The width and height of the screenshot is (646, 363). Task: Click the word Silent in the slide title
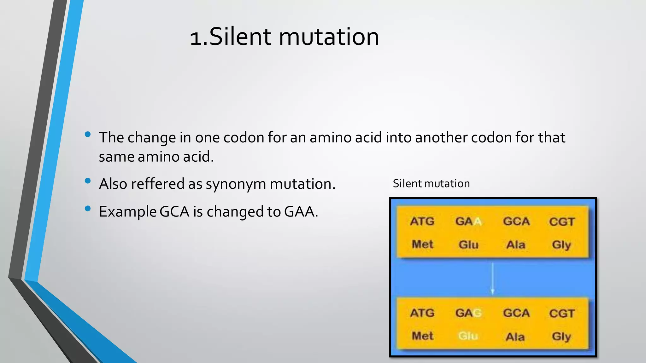click(x=240, y=37)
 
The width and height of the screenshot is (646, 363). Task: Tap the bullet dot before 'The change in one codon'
click(x=88, y=135)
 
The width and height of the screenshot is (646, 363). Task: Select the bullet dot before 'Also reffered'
click(x=88, y=181)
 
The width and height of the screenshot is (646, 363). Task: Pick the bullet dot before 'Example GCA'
click(x=88, y=208)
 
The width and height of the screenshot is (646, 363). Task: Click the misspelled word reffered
click(x=157, y=184)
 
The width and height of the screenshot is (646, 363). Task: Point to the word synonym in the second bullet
click(x=236, y=184)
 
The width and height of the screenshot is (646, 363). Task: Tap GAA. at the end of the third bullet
click(x=301, y=211)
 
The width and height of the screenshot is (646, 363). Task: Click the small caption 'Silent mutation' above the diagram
click(x=431, y=183)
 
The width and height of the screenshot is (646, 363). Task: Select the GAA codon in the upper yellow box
click(x=468, y=222)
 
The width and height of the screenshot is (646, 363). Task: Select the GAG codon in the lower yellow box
click(x=468, y=313)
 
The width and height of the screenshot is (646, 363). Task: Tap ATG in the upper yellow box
click(x=422, y=222)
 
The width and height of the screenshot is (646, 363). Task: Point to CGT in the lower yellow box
click(x=562, y=313)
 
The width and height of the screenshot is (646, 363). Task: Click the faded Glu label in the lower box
click(x=468, y=336)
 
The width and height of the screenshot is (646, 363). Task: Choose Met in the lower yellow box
click(x=423, y=336)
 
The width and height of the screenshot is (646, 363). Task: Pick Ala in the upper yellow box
click(x=516, y=245)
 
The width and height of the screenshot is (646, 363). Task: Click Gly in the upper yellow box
click(x=561, y=245)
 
